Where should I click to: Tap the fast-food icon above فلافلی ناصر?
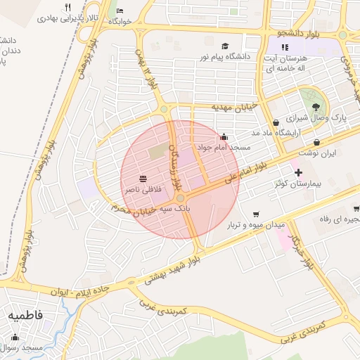coord(143,178)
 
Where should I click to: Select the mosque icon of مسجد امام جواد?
coord(224,136)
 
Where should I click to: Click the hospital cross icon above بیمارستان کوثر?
coord(298,172)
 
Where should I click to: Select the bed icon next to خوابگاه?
coord(120,11)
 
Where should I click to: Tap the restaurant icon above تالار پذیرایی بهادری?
coord(67,7)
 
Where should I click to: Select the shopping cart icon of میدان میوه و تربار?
coord(256,214)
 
